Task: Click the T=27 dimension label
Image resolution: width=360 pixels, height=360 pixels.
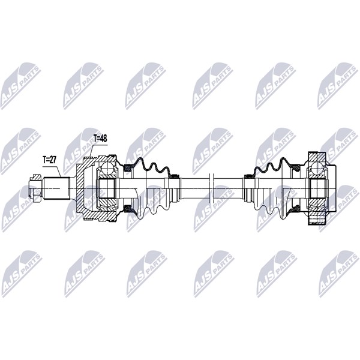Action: [49, 160]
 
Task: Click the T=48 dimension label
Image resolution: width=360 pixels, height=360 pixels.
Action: [100, 139]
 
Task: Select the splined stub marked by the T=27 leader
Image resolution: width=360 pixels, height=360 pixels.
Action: [57, 189]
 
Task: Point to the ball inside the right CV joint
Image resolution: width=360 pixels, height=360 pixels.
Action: [317, 168]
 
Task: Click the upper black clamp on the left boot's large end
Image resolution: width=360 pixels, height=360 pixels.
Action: [127, 168]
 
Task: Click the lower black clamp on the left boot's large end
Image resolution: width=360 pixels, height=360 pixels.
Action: [127, 209]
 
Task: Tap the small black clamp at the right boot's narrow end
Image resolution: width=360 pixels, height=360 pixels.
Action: [248, 176]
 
